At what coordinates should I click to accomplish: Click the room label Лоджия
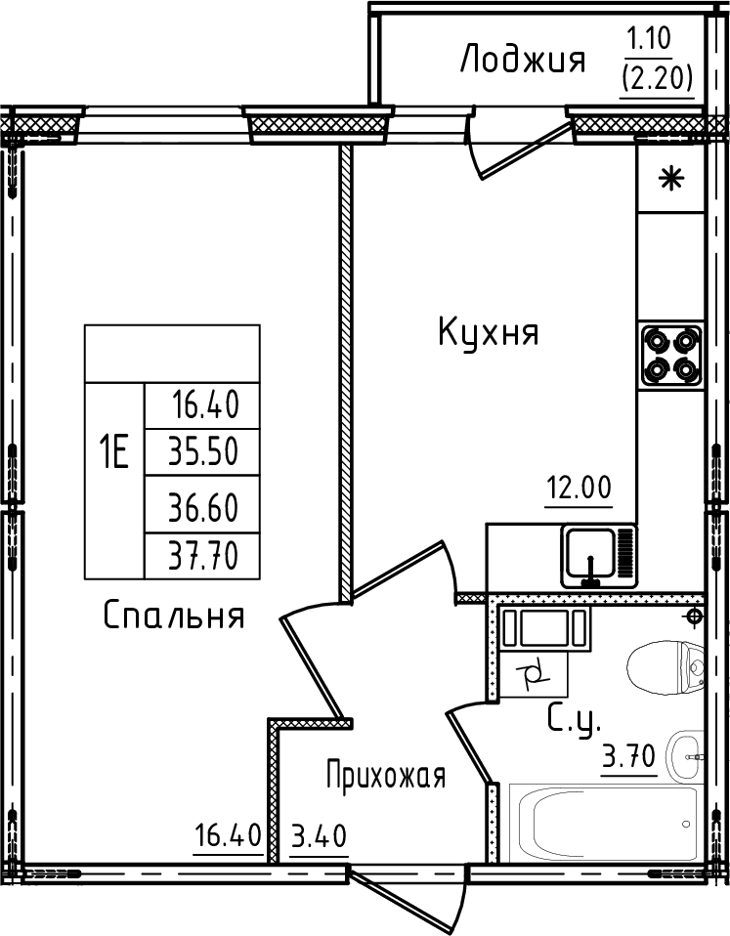522,62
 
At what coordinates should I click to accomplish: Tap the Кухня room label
489,334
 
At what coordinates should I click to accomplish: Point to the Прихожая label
386,777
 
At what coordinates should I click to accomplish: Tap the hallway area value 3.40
319,837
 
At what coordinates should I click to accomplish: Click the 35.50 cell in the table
203,451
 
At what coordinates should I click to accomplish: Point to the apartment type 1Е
113,451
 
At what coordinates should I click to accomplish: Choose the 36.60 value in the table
203,506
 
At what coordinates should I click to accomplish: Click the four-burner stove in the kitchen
671,355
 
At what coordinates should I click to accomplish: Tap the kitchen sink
591,555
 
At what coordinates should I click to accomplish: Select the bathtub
597,823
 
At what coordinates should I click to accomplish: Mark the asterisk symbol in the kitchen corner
670,179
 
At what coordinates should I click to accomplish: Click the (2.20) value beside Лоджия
658,77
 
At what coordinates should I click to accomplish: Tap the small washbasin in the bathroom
687,755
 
